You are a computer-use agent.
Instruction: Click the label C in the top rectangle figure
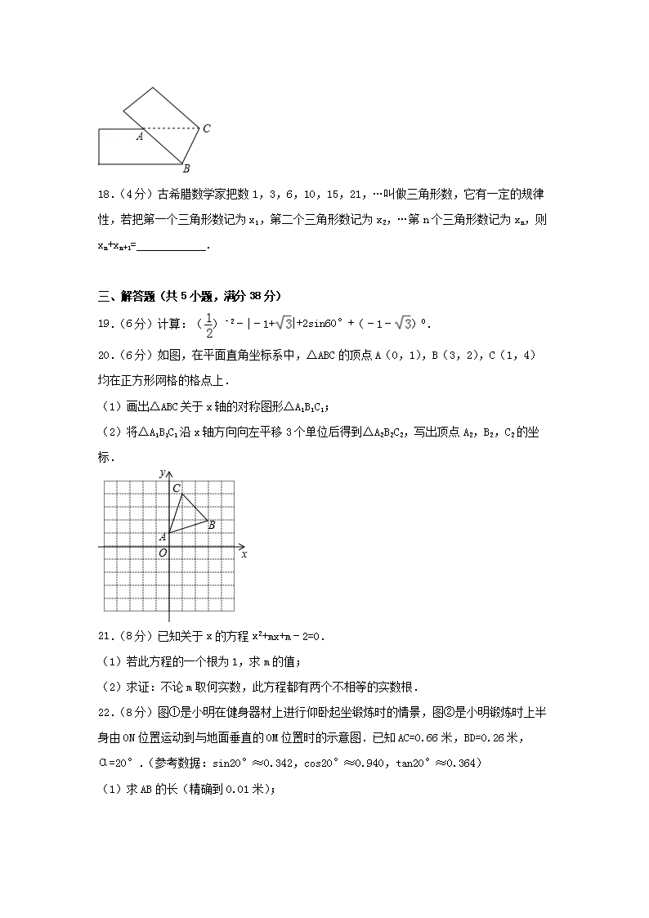[x=207, y=128]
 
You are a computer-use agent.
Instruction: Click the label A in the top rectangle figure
[x=140, y=137]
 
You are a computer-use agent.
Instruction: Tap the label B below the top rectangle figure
[x=186, y=168]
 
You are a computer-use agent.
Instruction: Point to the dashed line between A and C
[x=172, y=128]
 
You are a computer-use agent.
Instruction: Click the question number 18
[x=104, y=195]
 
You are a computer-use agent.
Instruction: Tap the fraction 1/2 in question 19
[x=210, y=324]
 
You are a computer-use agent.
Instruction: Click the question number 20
[x=104, y=354]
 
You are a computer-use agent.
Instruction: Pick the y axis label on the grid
[x=163, y=473]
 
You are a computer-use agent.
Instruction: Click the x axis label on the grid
[x=244, y=553]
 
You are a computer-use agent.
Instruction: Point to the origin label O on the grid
[x=163, y=553]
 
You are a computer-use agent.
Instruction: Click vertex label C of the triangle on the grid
[x=176, y=488]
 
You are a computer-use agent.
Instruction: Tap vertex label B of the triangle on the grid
[x=212, y=525]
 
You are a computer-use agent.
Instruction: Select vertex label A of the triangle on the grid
[x=163, y=536]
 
